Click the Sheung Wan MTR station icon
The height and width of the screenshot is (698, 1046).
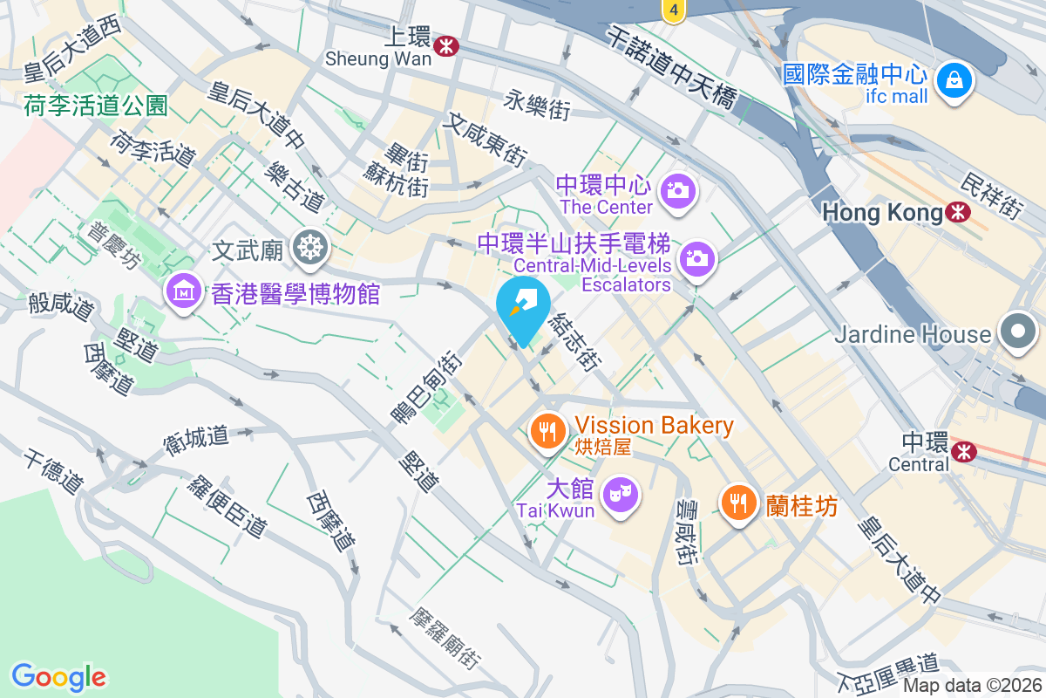(445, 45)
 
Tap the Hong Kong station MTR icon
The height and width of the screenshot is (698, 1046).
(958, 212)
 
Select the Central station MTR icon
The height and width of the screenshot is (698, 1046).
(963, 451)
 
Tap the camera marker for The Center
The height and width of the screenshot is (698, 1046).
(677, 189)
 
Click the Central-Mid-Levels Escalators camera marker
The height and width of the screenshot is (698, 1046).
(696, 259)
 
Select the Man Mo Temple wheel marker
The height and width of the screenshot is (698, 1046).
(309, 249)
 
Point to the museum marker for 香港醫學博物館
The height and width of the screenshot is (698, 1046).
(184, 291)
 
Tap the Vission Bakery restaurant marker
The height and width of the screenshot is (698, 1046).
(547, 431)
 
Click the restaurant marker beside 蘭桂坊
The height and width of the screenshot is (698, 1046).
(738, 502)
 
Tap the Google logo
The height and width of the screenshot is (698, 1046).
(58, 677)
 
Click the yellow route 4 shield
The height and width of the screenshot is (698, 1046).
(672, 10)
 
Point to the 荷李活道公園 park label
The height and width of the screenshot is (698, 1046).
(96, 106)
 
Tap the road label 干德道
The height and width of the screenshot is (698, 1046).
(53, 471)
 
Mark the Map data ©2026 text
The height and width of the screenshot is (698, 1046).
(973, 686)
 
